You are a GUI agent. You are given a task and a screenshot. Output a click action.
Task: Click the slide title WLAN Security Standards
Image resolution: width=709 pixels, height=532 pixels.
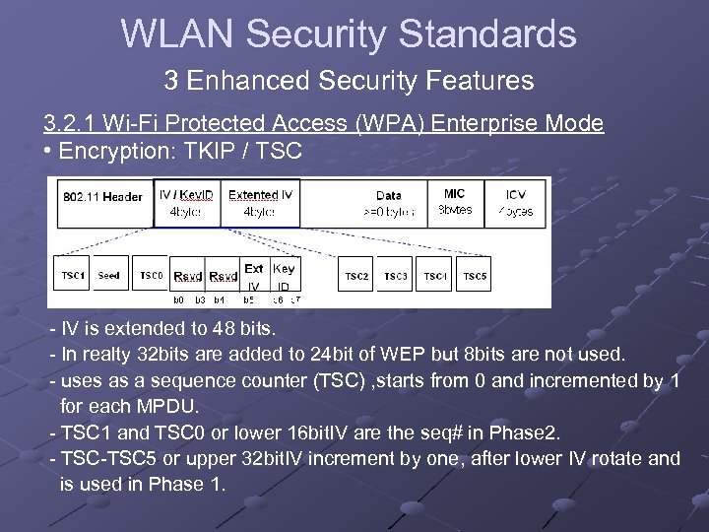point(349,34)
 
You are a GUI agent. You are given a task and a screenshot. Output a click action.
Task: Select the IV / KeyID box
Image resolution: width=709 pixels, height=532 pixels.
point(187,202)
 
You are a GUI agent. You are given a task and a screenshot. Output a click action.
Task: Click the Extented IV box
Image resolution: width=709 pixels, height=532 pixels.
point(259,202)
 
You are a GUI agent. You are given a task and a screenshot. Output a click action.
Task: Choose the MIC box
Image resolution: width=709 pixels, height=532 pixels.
point(454,202)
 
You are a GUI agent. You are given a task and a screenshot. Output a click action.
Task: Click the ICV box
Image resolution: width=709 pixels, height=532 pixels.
point(515,202)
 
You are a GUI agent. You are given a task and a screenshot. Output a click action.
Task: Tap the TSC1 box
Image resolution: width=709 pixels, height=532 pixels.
point(73,277)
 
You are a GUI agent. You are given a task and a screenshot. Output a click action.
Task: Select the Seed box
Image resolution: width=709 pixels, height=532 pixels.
point(109,277)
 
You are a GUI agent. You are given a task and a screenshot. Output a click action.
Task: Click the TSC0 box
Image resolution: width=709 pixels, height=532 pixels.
point(151,277)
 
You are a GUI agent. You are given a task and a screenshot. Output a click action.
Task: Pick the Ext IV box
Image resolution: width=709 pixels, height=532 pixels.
point(254,277)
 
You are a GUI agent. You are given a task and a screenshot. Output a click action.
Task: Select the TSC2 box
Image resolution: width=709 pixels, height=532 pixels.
point(356,277)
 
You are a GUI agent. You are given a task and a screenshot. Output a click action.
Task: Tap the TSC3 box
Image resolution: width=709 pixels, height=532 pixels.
point(396,277)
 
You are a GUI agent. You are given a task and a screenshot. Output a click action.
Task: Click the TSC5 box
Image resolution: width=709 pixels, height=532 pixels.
point(475,277)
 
